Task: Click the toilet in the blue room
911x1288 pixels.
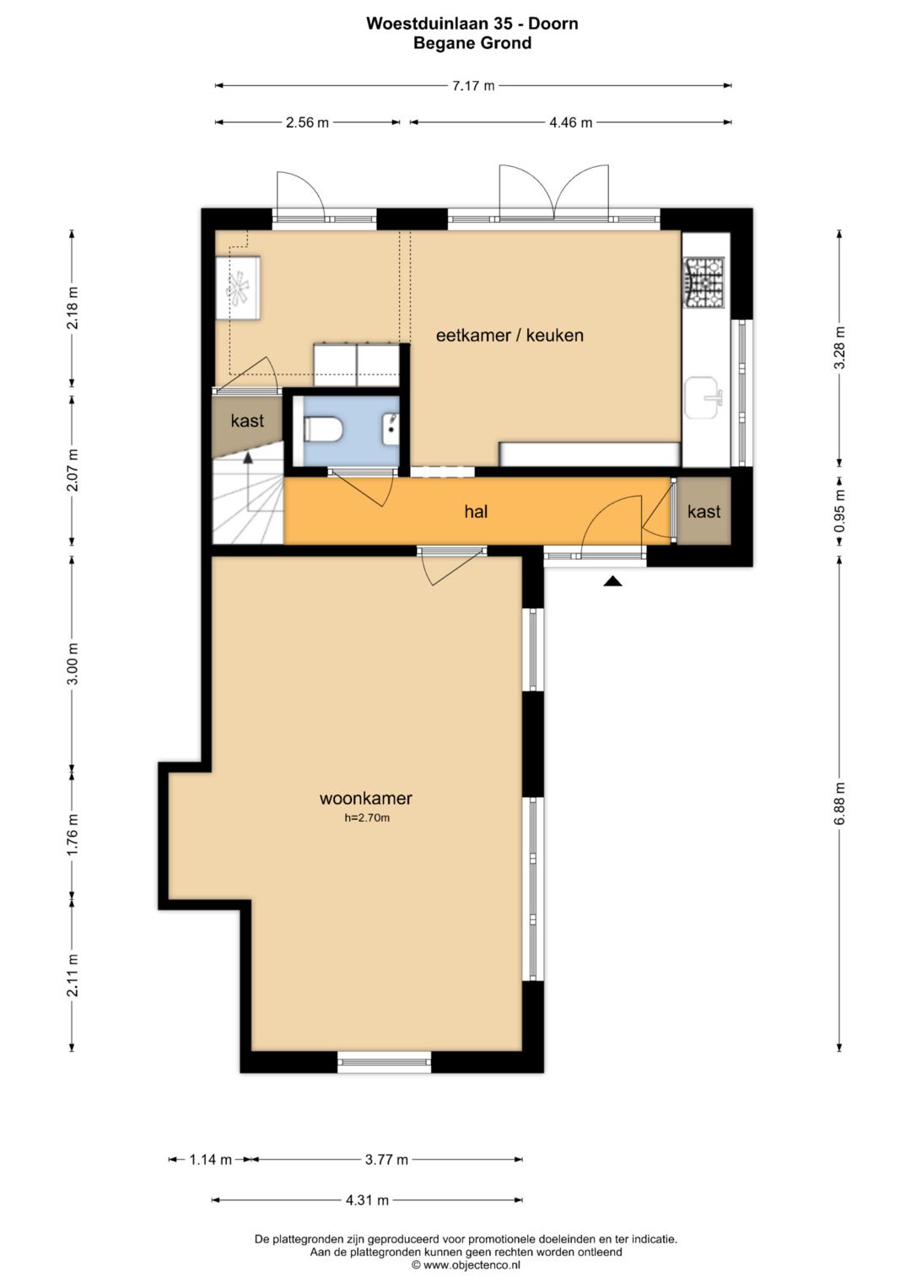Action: (323, 429)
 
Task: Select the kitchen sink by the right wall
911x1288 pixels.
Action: (703, 398)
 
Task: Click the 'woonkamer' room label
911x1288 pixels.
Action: (366, 798)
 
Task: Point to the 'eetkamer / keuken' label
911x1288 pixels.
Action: (509, 335)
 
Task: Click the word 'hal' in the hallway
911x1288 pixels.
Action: (476, 511)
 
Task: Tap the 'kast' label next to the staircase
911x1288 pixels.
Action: (247, 420)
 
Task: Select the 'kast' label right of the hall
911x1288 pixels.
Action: (704, 511)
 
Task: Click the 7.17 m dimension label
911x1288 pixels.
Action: (473, 86)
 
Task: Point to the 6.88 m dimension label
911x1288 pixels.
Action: (839, 803)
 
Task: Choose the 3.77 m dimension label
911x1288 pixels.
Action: (386, 1160)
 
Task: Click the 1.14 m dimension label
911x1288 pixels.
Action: (211, 1160)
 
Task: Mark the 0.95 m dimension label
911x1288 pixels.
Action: (839, 510)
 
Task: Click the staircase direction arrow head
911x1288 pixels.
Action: (248, 458)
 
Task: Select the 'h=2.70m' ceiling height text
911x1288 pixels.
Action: (367, 817)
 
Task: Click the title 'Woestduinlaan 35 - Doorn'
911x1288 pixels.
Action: (472, 24)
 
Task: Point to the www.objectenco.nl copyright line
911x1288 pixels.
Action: (466, 1265)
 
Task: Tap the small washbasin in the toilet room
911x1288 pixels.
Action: (391, 429)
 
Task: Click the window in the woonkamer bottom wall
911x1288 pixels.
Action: (384, 1062)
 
